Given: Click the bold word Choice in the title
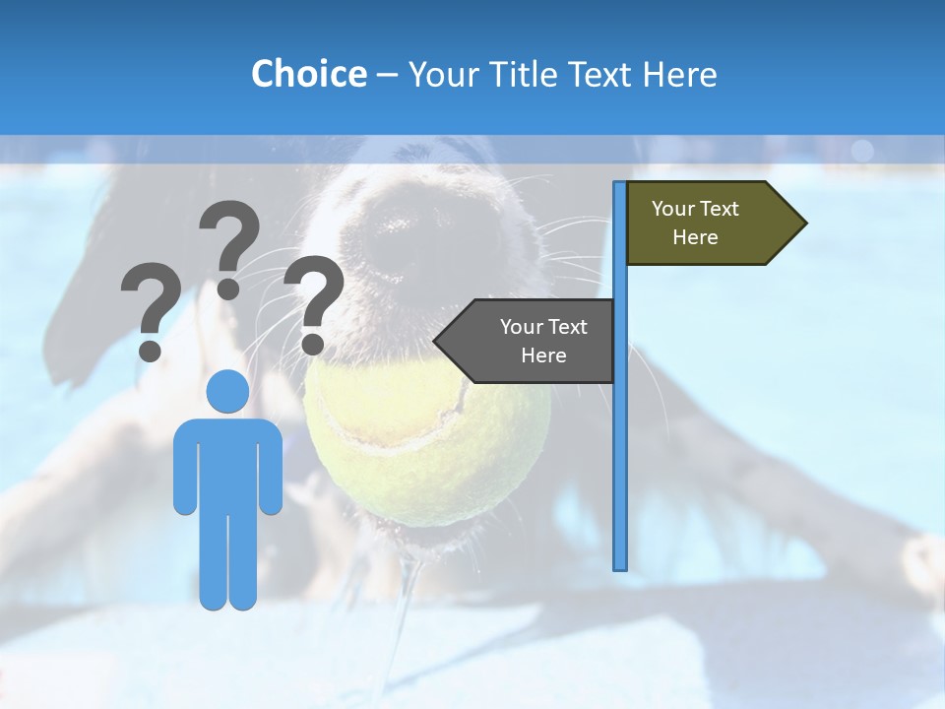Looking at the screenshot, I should click(308, 74).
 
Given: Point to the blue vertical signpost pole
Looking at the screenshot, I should click(619, 443).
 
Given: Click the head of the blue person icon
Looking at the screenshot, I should click(227, 391).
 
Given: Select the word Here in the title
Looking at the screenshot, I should click(679, 74).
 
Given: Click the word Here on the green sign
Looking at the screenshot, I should click(695, 237).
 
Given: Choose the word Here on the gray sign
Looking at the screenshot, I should click(543, 355).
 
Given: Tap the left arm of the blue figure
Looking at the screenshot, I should click(184, 468).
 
